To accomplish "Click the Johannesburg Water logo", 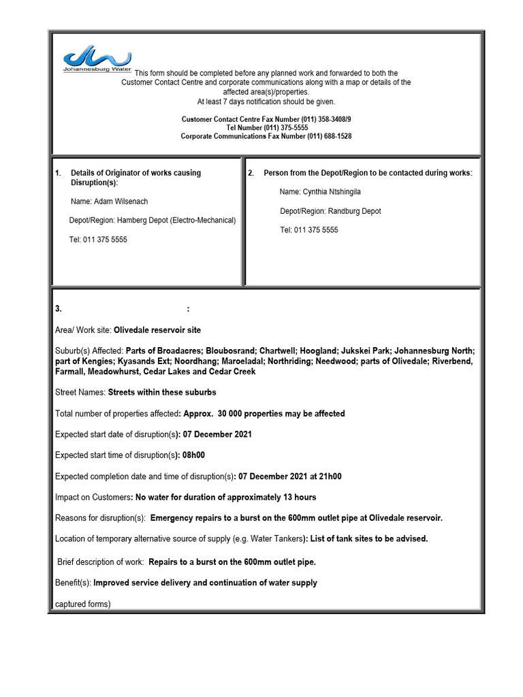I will pyautogui.click(x=97, y=60).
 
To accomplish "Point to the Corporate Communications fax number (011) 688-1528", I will pyautogui.click(x=319, y=136).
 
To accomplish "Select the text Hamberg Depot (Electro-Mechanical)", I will pyautogui.click(x=176, y=221).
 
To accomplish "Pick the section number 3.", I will pyautogui.click(x=59, y=308).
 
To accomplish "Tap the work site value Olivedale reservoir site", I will pyautogui.click(x=157, y=330).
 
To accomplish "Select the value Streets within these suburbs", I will pyautogui.click(x=162, y=393).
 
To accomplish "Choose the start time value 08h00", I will pyautogui.click(x=194, y=455).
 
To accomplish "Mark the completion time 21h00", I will pyautogui.click(x=329, y=476).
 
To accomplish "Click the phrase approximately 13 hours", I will pyautogui.click(x=264, y=497).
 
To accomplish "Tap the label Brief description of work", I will pyautogui.click(x=100, y=562).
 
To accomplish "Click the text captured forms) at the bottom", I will pyautogui.click(x=82, y=604).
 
